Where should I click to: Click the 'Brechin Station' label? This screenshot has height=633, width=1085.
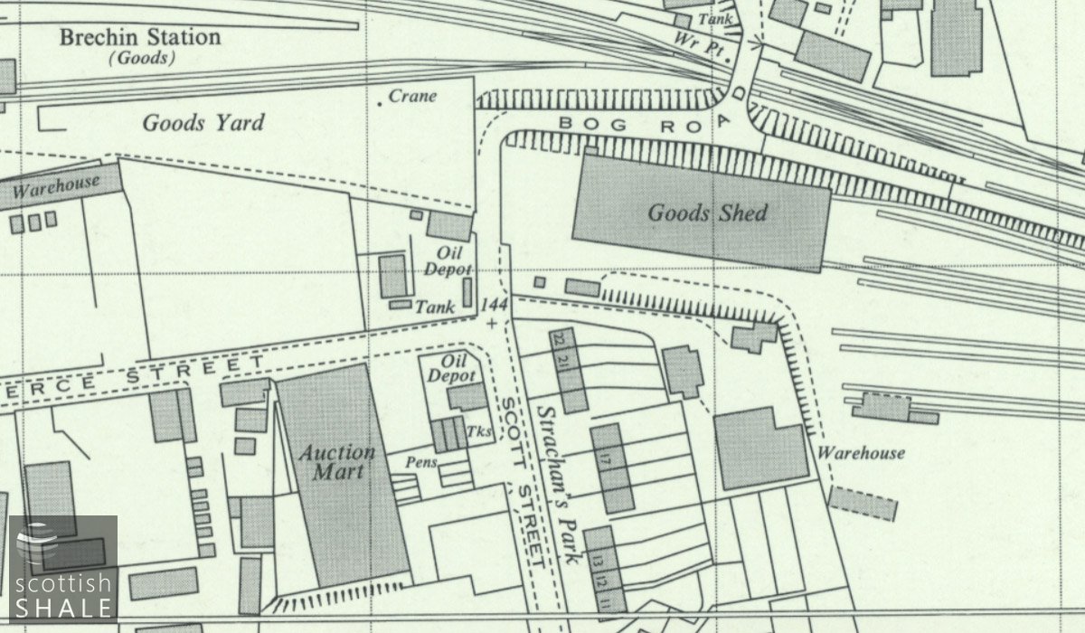[139, 38]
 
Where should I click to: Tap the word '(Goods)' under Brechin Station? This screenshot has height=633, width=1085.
[142, 59]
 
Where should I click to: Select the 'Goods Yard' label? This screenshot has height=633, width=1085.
[203, 123]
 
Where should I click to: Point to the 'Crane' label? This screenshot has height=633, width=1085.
[412, 96]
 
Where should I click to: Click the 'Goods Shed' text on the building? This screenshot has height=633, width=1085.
[707, 213]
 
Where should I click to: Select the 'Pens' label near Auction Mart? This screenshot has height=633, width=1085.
[421, 462]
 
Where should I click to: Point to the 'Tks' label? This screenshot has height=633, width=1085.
[481, 431]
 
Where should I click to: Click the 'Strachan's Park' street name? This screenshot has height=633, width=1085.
[557, 485]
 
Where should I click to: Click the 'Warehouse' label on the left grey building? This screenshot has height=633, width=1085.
[56, 187]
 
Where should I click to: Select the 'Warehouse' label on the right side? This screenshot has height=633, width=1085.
[861, 453]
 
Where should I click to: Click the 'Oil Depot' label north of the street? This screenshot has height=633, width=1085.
[454, 261]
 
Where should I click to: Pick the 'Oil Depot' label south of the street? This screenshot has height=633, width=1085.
[451, 368]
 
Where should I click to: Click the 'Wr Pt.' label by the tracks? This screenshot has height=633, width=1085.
[701, 44]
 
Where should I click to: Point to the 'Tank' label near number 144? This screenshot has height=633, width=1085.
[435, 307]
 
